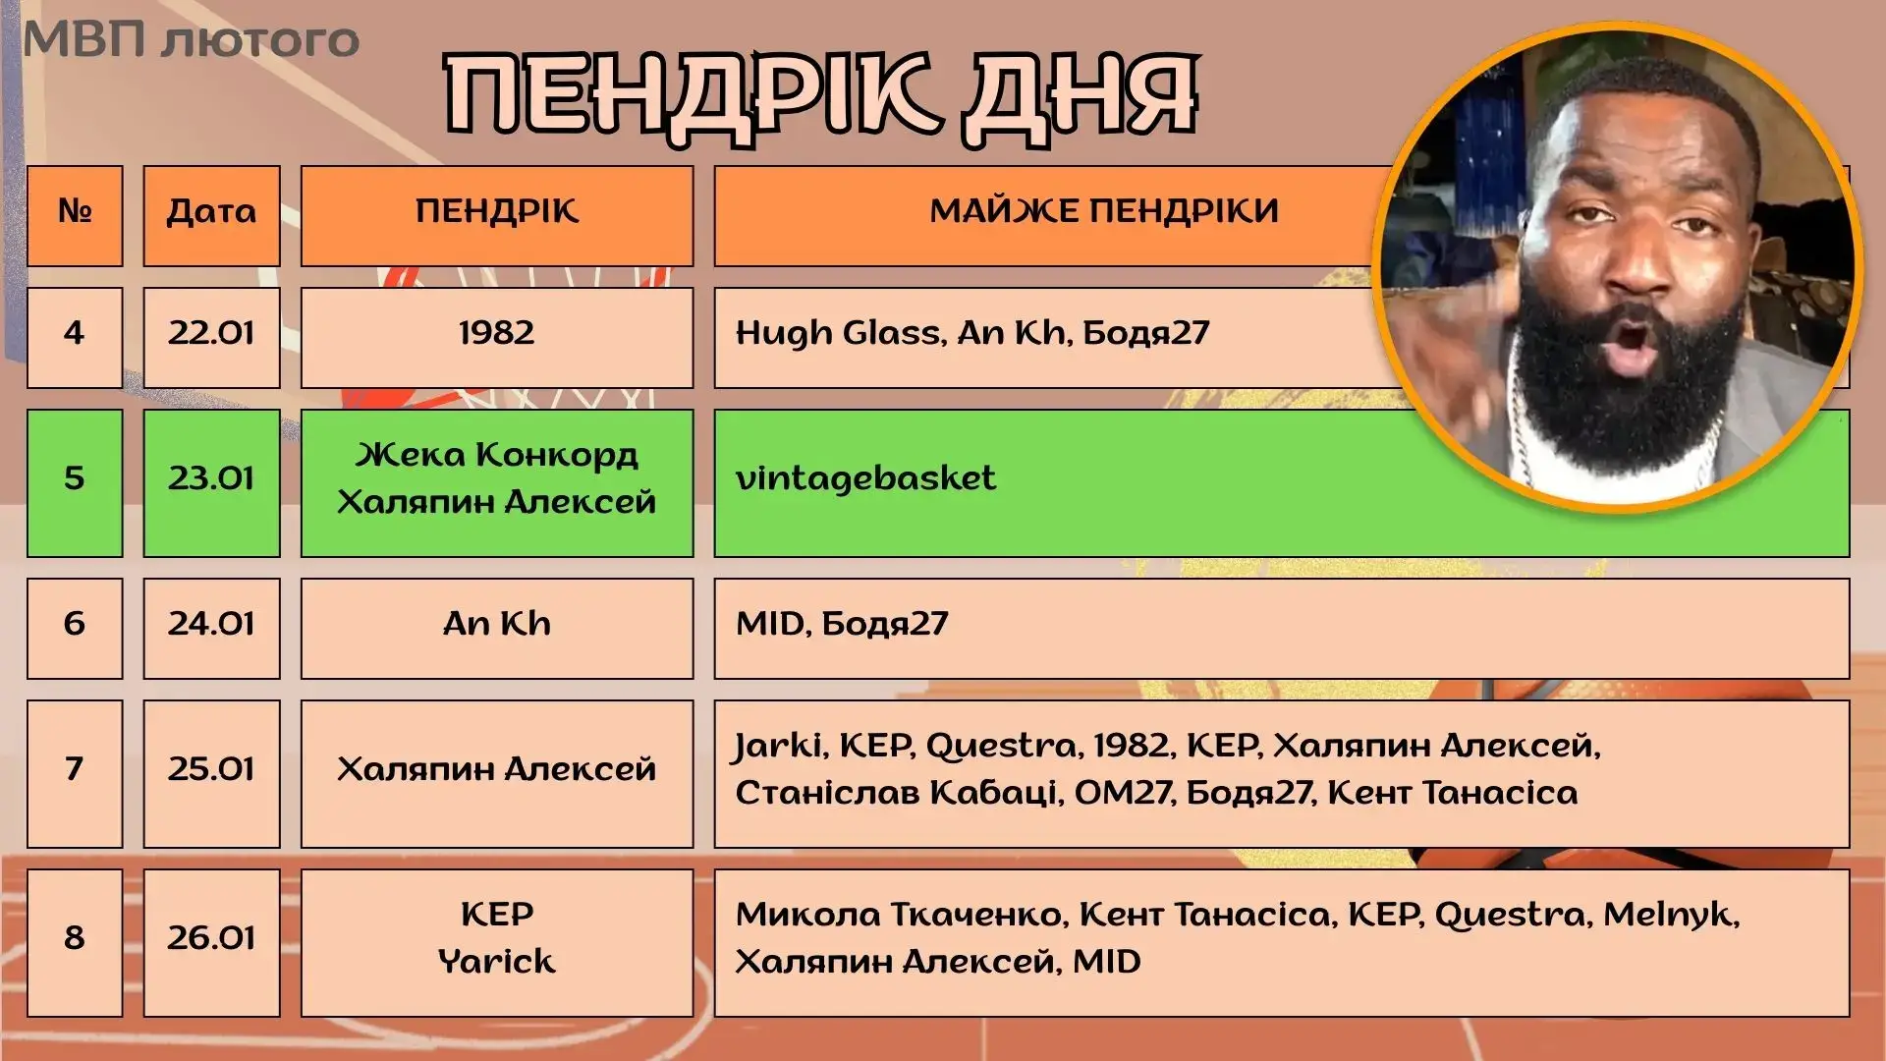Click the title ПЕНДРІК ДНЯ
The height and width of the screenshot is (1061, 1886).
click(x=821, y=95)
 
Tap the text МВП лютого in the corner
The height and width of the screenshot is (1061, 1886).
click(x=192, y=40)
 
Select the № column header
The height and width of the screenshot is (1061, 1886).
click(x=75, y=216)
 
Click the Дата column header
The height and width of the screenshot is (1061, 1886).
click(x=211, y=216)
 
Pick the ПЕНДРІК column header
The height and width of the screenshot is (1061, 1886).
click(x=497, y=216)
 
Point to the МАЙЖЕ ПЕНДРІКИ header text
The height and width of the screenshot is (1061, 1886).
click(x=1104, y=210)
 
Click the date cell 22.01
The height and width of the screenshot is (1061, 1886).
click(x=211, y=337)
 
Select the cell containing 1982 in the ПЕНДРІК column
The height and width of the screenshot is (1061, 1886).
click(x=497, y=337)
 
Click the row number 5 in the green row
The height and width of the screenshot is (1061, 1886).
click(x=75, y=482)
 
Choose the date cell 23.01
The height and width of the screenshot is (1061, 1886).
click(x=211, y=482)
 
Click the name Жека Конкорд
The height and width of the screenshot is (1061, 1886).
click(x=497, y=455)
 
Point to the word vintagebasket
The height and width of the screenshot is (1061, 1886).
click(x=865, y=478)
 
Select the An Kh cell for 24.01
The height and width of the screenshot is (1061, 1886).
click(x=497, y=628)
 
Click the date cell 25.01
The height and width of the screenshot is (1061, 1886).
click(x=211, y=773)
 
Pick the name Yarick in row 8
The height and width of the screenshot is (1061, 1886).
click(x=497, y=961)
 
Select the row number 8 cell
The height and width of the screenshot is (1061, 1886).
click(x=75, y=942)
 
